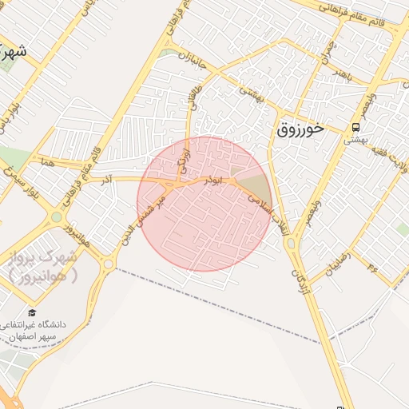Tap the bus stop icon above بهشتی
355,127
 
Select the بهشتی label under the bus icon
355,139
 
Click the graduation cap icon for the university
32,312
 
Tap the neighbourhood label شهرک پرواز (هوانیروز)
45,266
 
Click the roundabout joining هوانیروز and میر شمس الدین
109,264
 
